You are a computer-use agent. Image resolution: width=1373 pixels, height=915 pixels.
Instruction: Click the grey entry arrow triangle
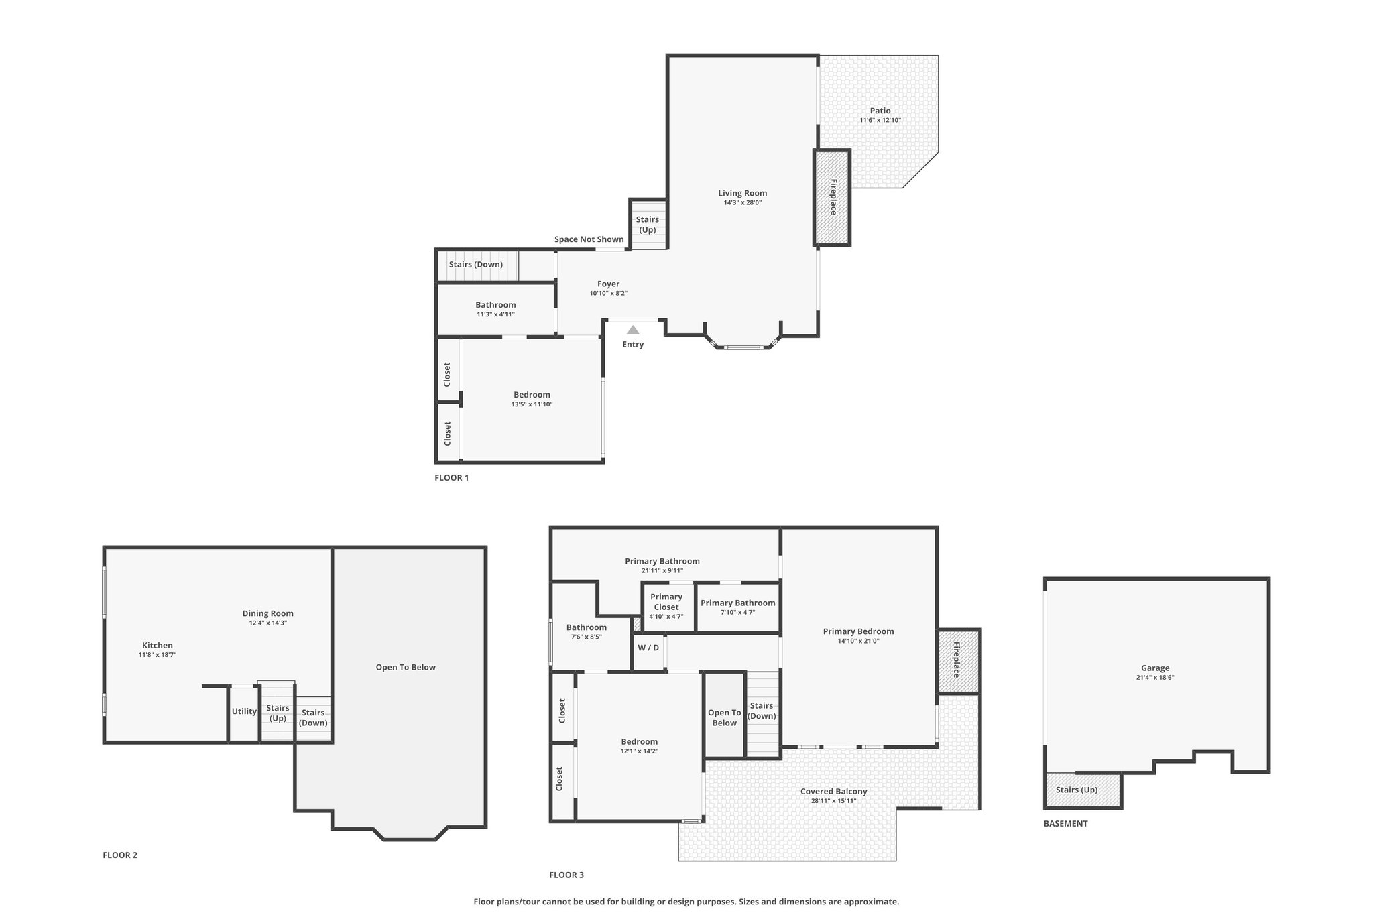tap(633, 330)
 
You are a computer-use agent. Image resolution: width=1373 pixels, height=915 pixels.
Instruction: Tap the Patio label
tap(880, 111)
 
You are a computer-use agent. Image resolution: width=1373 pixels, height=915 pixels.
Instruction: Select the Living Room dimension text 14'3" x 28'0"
tap(743, 202)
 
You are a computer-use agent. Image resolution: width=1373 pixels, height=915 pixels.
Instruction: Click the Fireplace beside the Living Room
tap(832, 197)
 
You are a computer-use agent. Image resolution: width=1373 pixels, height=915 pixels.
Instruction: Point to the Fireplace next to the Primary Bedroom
tap(958, 661)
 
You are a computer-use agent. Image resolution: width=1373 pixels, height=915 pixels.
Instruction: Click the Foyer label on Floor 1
tap(609, 284)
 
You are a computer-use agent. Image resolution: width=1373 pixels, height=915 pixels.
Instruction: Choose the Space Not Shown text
tap(589, 239)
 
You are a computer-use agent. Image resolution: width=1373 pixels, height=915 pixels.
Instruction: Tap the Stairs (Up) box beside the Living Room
tap(648, 224)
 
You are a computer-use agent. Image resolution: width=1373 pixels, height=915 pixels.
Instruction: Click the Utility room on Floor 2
tap(244, 713)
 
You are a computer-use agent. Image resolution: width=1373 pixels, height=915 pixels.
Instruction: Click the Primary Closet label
tap(666, 602)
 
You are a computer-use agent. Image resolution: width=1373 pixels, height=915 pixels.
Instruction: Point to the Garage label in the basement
tap(1155, 668)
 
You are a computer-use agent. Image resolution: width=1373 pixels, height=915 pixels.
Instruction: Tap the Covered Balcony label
tap(834, 792)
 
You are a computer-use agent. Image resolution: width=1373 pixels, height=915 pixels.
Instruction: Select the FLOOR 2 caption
tap(120, 855)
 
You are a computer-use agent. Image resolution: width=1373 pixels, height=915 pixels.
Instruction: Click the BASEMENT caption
tap(1065, 823)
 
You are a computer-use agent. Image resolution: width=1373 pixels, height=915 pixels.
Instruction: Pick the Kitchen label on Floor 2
tap(158, 646)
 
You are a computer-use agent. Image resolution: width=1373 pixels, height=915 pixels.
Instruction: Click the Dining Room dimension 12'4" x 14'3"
tap(268, 623)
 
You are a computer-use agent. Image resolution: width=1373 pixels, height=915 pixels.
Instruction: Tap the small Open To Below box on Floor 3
tap(724, 715)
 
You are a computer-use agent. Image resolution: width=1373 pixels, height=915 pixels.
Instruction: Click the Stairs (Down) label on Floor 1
tap(475, 265)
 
